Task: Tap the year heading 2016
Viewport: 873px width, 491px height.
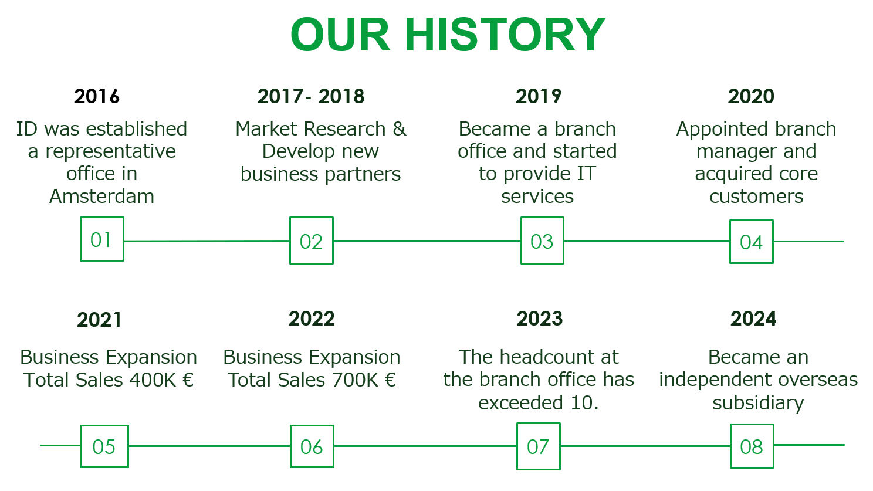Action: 97,96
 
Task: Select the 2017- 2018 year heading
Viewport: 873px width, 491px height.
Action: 310,96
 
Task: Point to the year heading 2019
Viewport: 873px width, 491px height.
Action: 539,96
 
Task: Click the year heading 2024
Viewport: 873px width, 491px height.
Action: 753,319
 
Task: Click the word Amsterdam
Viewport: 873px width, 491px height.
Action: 101,196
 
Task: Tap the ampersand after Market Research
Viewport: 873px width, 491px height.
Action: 399,129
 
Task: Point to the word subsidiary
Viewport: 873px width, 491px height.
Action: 759,403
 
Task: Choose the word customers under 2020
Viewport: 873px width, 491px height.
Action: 756,197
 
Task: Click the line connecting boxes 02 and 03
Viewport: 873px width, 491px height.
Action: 427,241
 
